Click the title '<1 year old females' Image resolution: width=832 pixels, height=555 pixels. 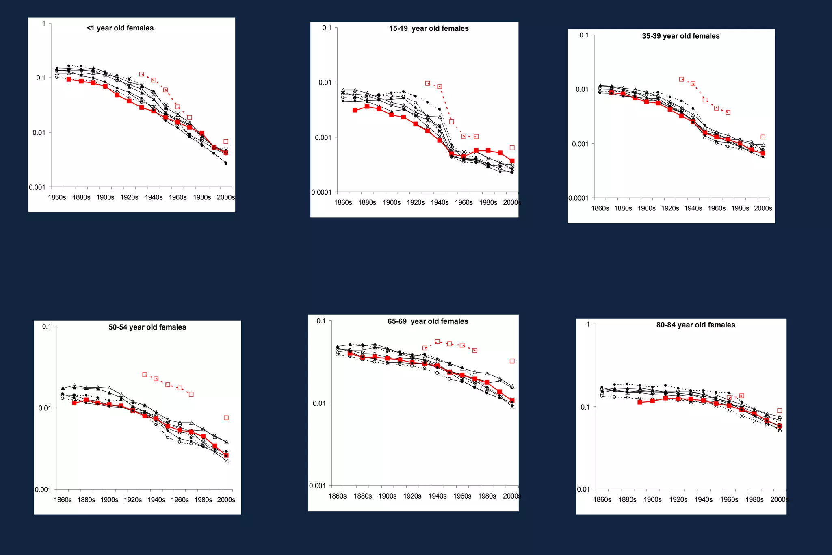tap(120, 28)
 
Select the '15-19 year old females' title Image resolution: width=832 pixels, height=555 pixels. tap(429, 28)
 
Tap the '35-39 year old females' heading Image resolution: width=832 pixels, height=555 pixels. tap(680, 36)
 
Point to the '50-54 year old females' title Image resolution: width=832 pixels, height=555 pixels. tap(147, 327)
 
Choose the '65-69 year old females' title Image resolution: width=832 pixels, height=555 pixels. tap(428, 321)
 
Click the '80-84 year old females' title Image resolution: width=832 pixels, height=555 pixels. tap(695, 325)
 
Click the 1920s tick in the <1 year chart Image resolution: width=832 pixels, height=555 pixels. tap(129, 197)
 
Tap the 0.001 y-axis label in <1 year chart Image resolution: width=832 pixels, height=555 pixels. tap(37, 187)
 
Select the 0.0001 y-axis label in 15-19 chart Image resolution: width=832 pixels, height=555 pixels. tap(321, 192)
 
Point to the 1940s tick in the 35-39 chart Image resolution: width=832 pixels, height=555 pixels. tap(693, 208)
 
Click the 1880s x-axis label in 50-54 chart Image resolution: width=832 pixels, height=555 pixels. tap(86, 500)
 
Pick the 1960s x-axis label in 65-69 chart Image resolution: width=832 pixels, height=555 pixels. tap(462, 496)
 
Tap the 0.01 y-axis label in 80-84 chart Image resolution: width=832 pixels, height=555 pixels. tap(583, 489)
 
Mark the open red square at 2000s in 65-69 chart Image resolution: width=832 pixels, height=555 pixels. tap(512, 361)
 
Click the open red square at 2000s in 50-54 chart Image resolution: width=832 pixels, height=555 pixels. tap(226, 418)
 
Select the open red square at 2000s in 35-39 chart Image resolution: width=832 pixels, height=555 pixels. tap(763, 137)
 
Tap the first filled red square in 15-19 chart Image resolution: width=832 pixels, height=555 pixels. tap(355, 110)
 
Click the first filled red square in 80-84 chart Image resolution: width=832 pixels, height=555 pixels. tap(640, 402)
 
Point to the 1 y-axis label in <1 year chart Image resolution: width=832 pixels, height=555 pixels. tap(44, 24)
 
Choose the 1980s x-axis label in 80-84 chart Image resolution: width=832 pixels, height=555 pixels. tap(754, 500)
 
